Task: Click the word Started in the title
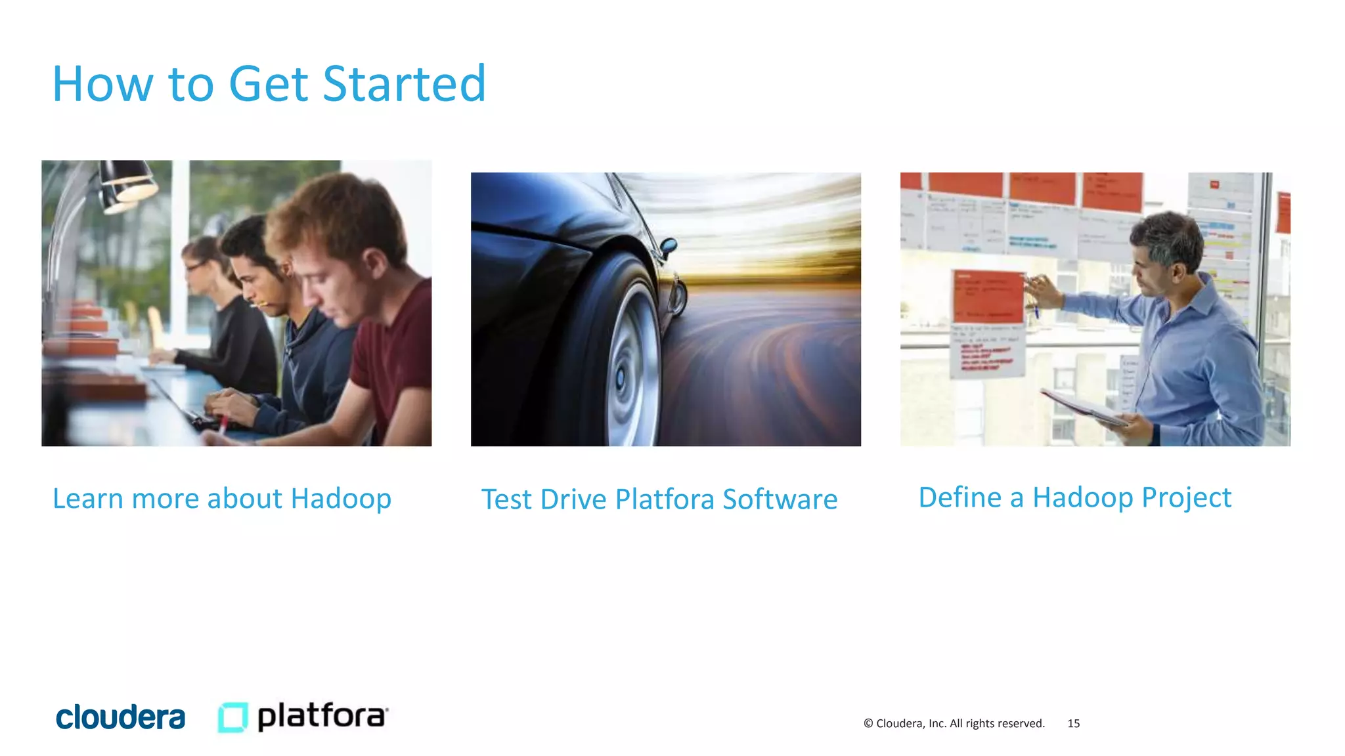pyautogui.click(x=404, y=84)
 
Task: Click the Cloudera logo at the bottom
pyautogui.click(x=121, y=717)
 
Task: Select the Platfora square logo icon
pyautogui.click(x=232, y=717)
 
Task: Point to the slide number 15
pyautogui.click(x=1073, y=723)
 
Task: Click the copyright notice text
pyautogui.click(x=954, y=723)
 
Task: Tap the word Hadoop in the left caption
pyautogui.click(x=341, y=498)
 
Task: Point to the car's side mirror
pyautogui.click(x=669, y=246)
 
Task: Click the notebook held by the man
pyautogui.click(x=1084, y=406)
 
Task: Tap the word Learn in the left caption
pyautogui.click(x=88, y=498)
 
